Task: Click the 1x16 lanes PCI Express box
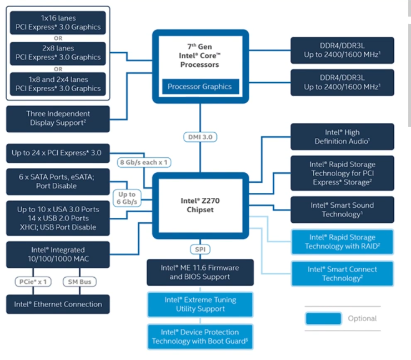[x=58, y=22]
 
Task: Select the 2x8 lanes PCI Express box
[x=58, y=53]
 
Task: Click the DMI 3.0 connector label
[x=201, y=137]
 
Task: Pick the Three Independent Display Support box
[x=58, y=118]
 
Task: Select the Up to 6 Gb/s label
[x=127, y=198]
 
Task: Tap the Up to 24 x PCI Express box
[x=58, y=152]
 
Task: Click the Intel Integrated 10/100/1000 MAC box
[x=58, y=254]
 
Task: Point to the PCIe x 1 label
[x=32, y=282]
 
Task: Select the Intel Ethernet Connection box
[x=58, y=304]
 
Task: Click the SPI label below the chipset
[x=201, y=250]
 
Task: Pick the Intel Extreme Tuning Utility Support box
[x=200, y=304]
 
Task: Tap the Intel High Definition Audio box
[x=342, y=137]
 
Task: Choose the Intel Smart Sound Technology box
[x=342, y=209]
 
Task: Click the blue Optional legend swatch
[x=323, y=318]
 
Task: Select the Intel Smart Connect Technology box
[x=342, y=273]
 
